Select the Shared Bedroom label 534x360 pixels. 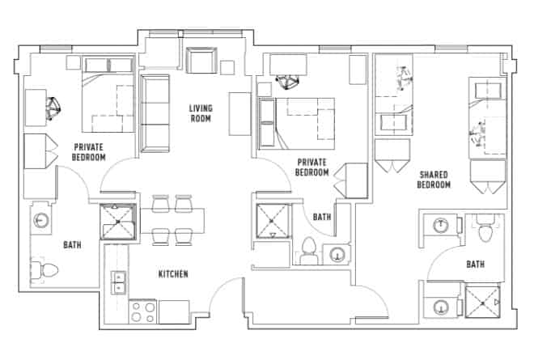point(434,179)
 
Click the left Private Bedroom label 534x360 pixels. point(90,151)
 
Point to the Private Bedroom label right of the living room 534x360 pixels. point(311,167)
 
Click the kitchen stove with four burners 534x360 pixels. point(143,311)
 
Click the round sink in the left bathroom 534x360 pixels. point(40,221)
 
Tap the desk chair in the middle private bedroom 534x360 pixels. point(285,81)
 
